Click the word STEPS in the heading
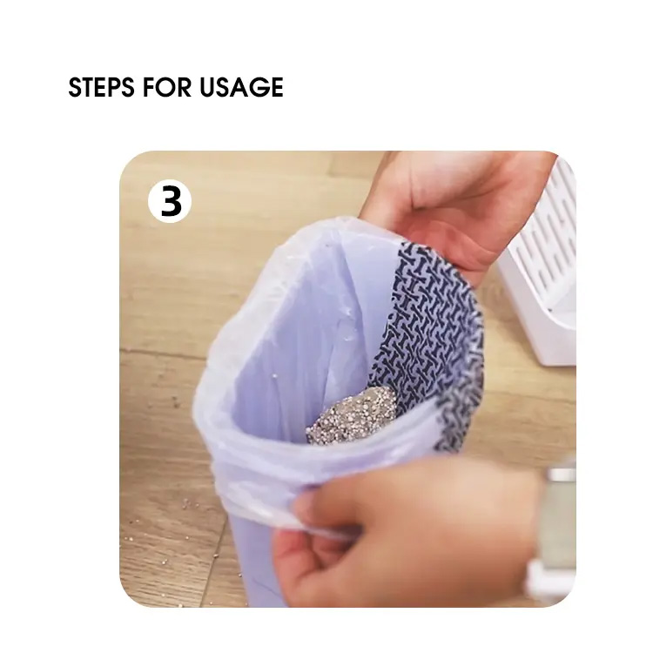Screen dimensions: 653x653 101,87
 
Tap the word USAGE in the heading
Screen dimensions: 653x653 241,87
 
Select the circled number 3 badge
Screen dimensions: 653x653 170,202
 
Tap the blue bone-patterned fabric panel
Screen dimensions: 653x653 433,333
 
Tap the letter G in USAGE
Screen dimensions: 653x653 255,87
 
